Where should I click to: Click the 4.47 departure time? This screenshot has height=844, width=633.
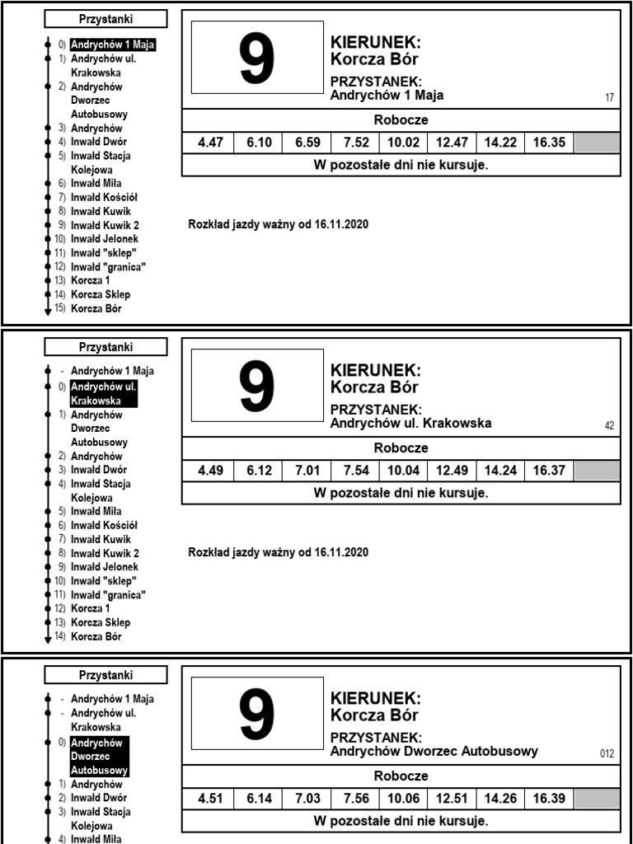coord(210,143)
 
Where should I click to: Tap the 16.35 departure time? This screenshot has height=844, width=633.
coord(549,143)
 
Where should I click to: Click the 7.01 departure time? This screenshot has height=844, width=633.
coord(307,471)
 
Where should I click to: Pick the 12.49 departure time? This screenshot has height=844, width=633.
coord(452,471)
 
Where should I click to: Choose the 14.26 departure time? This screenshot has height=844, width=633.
coord(500,799)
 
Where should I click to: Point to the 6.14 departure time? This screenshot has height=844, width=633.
coord(259,799)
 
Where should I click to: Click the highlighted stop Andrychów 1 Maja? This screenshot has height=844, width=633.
coord(113,45)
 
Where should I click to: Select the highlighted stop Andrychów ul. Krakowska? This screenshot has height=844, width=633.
coord(104,393)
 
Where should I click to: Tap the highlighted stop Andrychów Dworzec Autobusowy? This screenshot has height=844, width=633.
coord(99,757)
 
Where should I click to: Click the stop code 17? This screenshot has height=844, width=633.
coord(609,98)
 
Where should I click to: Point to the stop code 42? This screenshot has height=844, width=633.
coord(609,426)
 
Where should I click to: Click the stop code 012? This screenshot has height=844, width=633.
coord(607,754)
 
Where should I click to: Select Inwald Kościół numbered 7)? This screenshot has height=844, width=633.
coord(102,197)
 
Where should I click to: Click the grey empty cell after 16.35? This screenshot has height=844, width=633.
coord(596,143)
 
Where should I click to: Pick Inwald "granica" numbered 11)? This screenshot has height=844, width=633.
coord(106,595)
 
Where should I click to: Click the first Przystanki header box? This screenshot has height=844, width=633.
coord(105,19)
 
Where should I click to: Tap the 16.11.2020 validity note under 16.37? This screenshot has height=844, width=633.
coord(279,552)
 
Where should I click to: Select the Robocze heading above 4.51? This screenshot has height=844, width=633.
coord(401,776)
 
